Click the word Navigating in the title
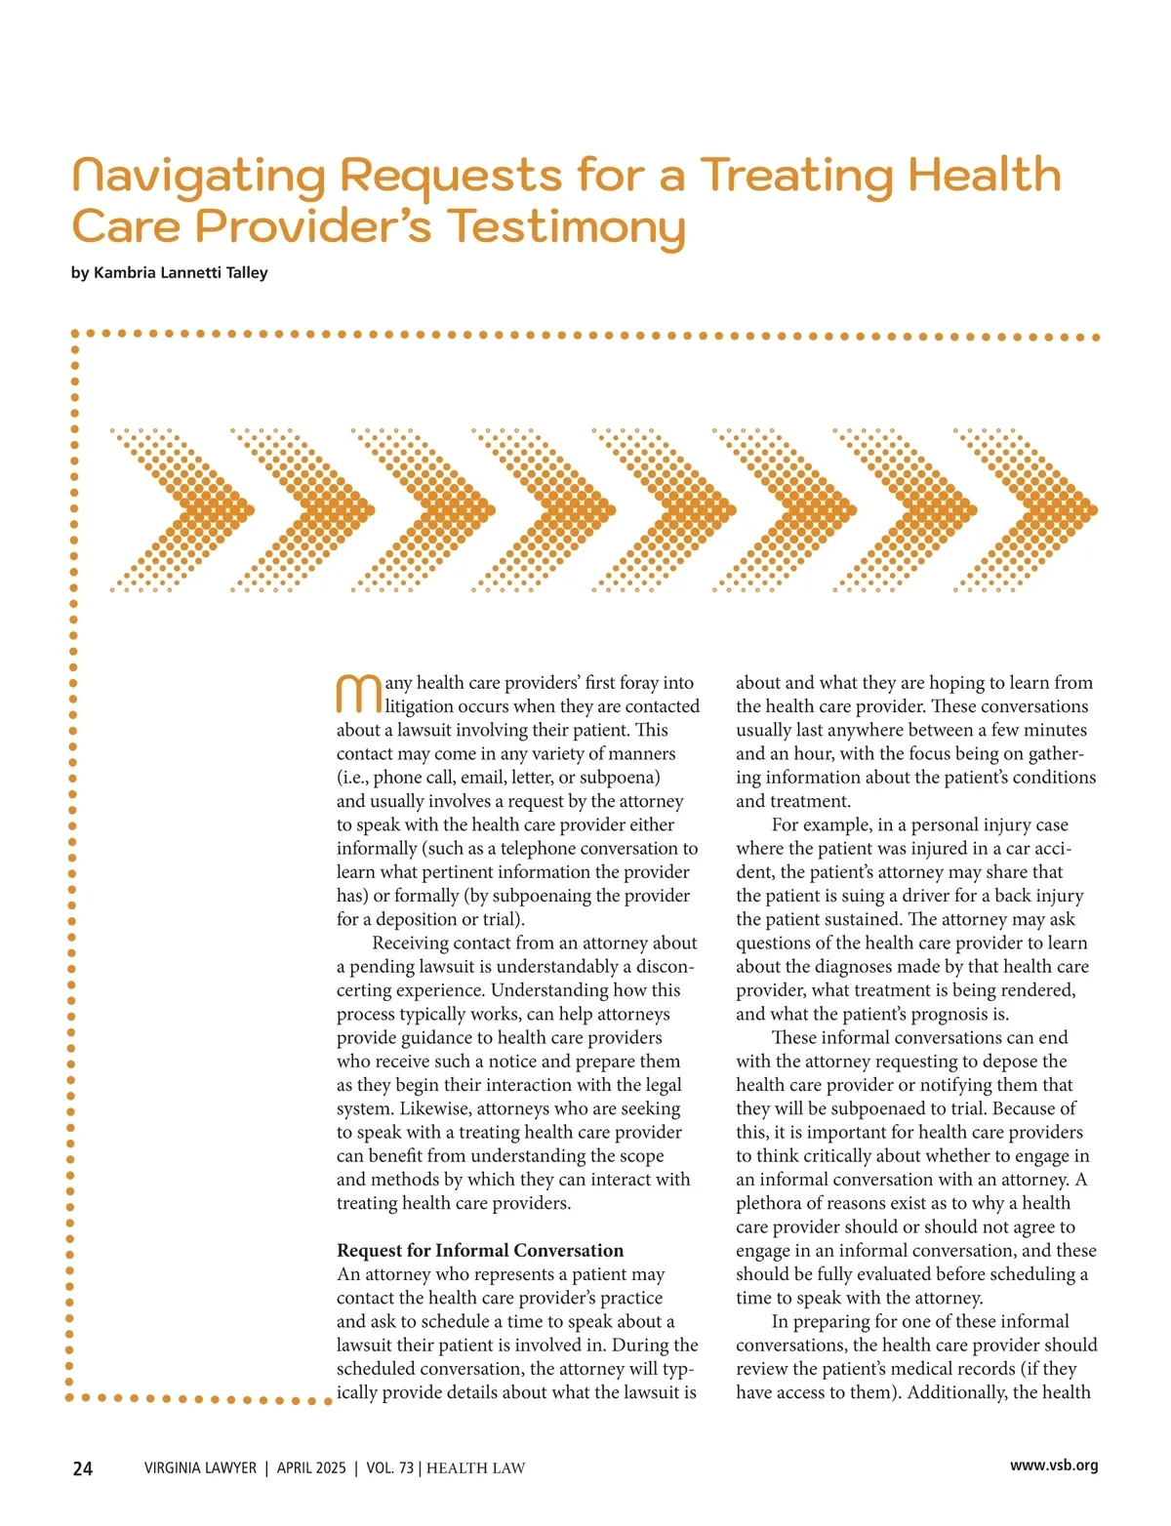coord(199,178)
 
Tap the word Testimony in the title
coord(567,227)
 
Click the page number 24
coord(83,1468)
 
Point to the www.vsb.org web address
coord(1054,1466)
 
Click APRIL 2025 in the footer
coord(311,1468)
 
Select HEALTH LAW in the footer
coord(476,1468)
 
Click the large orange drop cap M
coord(358,694)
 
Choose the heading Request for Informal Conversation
coord(480,1251)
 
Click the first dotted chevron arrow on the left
coord(182,509)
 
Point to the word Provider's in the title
coord(313,226)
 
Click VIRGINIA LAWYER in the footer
coord(200,1468)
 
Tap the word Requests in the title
coord(451,178)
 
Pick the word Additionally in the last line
coord(957,1392)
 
